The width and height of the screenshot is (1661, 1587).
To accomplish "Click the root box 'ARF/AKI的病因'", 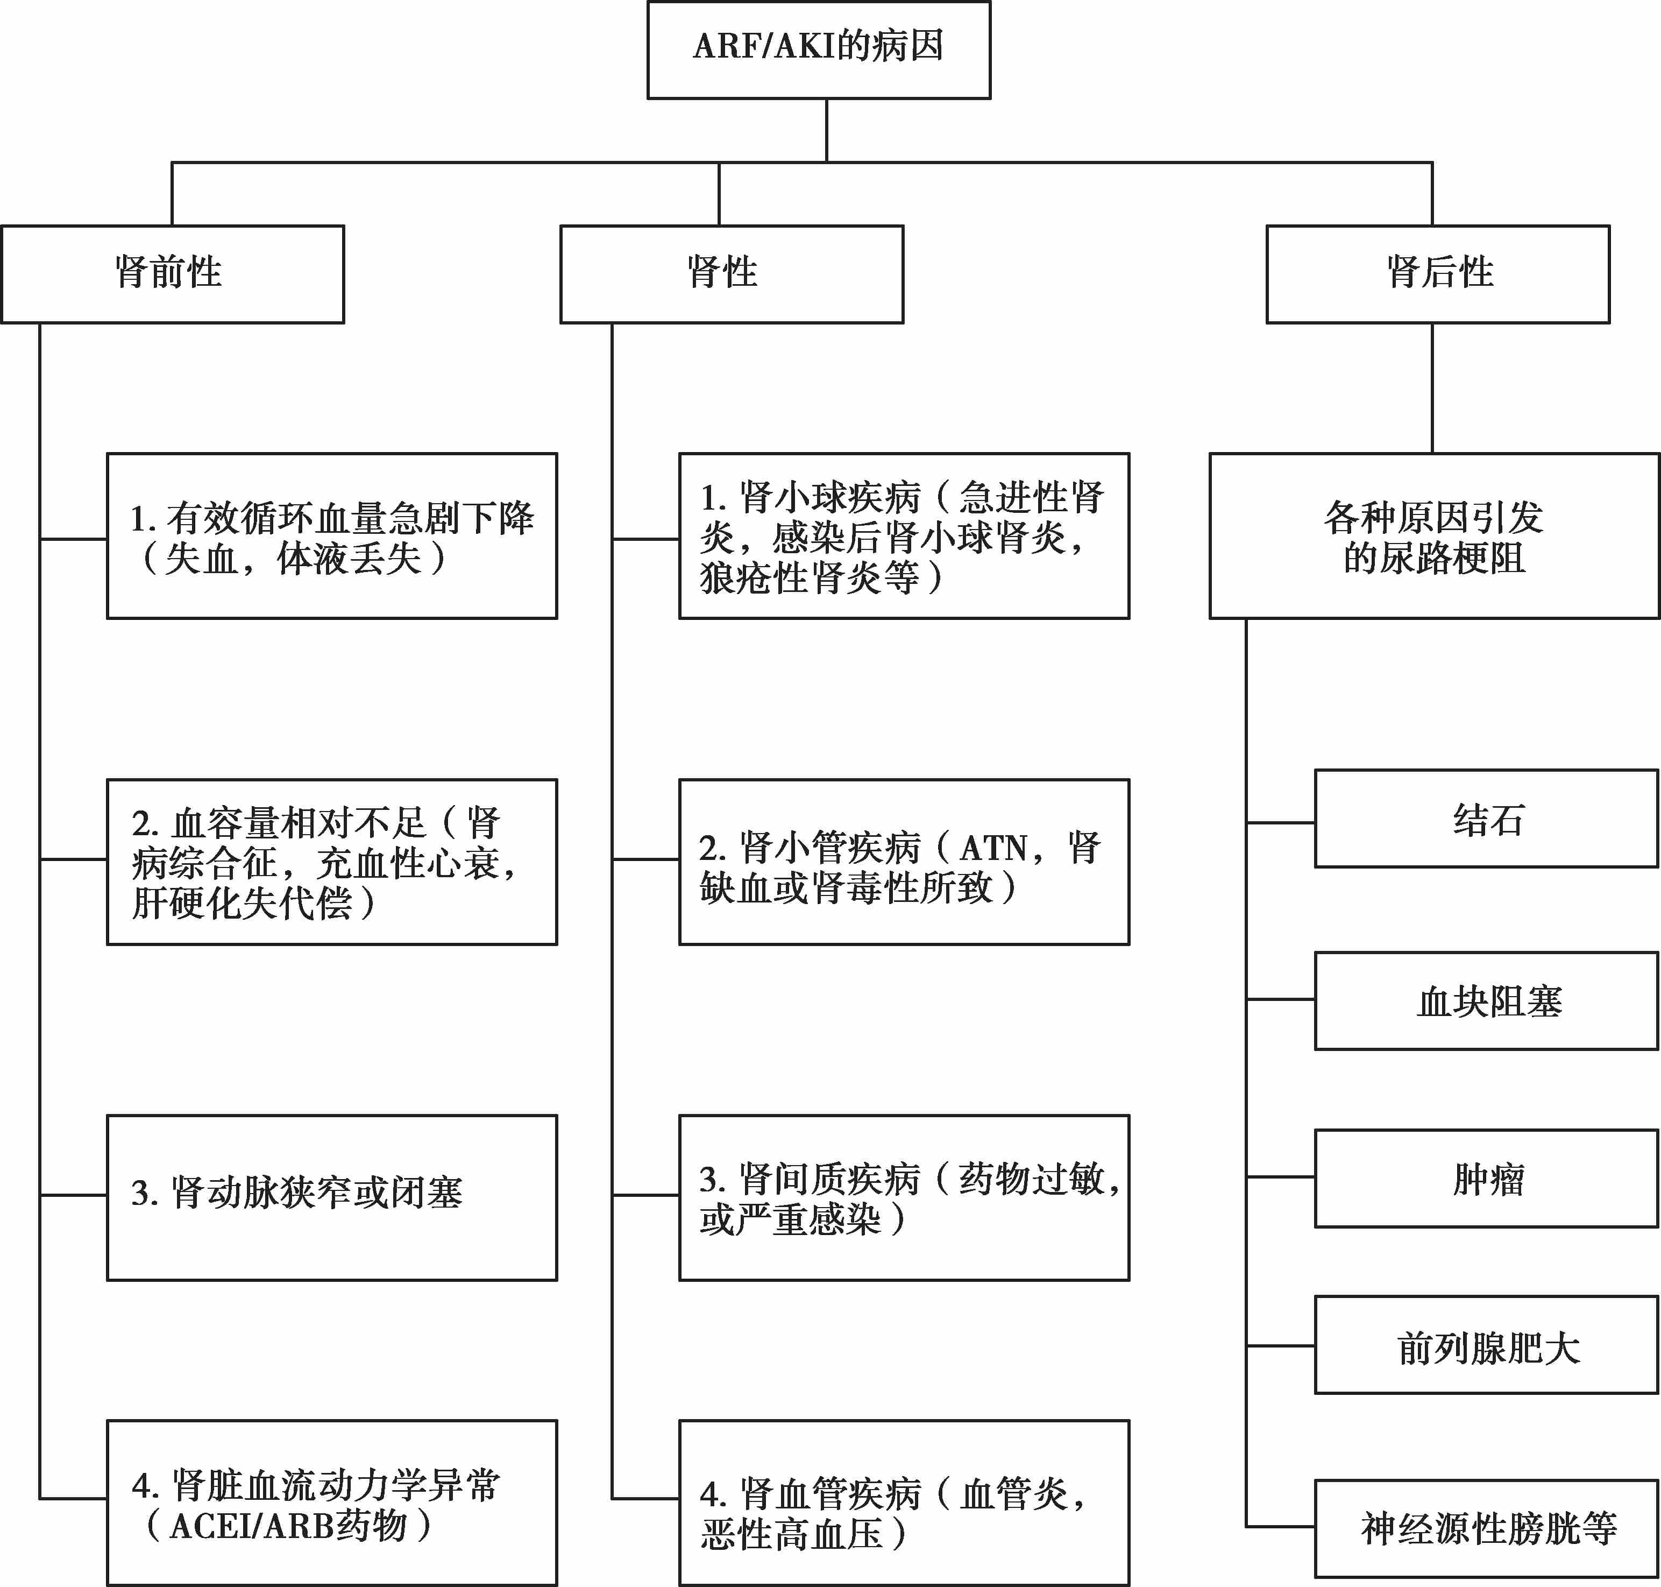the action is click(819, 50).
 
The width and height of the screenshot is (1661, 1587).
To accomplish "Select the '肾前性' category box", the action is click(173, 274).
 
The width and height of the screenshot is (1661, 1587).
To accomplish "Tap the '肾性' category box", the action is click(732, 274).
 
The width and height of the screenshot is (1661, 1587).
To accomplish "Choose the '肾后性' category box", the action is click(1438, 274).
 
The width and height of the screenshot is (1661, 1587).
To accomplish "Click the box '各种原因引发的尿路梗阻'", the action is click(1435, 537).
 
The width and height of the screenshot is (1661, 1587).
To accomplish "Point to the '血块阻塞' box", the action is click(1486, 1001).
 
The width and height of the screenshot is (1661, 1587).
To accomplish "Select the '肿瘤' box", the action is click(1486, 1179).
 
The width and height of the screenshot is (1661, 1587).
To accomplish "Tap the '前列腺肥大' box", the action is click(1486, 1345).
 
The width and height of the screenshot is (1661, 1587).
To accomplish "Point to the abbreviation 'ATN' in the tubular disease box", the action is click(993, 848).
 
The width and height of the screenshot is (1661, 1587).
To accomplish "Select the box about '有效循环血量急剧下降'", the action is click(331, 537).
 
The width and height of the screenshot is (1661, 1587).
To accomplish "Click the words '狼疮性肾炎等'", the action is click(810, 579).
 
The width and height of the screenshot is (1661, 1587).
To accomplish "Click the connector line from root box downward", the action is click(826, 130).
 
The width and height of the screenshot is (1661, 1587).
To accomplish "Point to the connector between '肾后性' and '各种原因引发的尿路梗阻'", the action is click(1432, 389).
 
